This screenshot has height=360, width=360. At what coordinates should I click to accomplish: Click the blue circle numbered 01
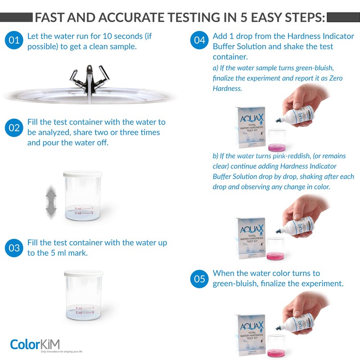pyautogui.click(x=14, y=40)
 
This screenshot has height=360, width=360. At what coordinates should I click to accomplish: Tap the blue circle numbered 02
pyautogui.click(x=14, y=128)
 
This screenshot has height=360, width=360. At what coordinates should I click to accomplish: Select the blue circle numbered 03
pyautogui.click(x=14, y=248)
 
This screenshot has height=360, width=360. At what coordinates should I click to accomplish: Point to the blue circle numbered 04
pyautogui.click(x=200, y=40)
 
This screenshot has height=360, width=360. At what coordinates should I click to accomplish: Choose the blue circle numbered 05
pyautogui.click(x=200, y=279)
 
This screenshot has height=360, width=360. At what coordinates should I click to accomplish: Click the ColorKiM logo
pyautogui.click(x=38, y=344)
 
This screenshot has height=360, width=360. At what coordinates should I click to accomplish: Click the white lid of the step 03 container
pyautogui.click(x=84, y=273)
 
